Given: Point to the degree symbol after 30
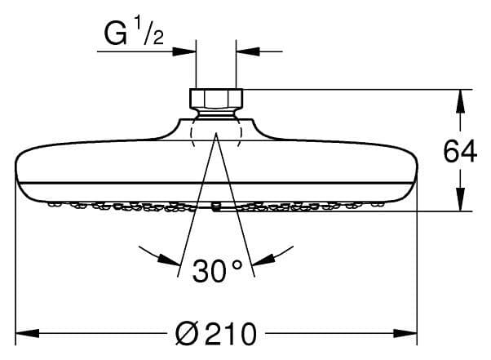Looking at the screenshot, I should [237, 264].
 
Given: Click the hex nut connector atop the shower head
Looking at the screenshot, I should [216, 99].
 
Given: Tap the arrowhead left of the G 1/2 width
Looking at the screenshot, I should [186, 51].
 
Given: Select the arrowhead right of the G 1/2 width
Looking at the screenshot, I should [245, 51].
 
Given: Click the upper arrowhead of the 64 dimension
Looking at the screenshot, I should [460, 99].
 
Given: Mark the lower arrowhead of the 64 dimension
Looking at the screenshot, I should [460, 202].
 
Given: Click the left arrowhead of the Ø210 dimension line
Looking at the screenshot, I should [26, 333].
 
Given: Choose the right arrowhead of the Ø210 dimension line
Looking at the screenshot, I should [407, 333].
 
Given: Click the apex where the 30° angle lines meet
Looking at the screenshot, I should [216, 134].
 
